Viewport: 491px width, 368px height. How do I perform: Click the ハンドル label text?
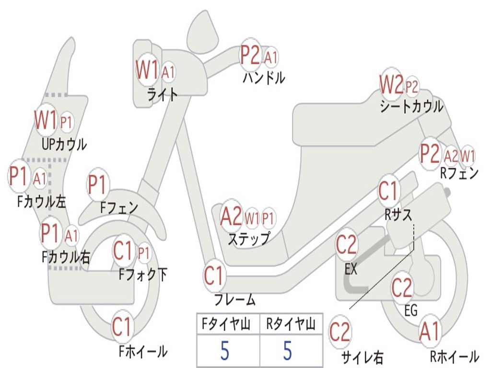pos(264,77)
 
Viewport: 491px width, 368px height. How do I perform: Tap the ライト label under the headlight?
pos(162,94)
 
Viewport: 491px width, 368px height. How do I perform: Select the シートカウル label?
pos(411,106)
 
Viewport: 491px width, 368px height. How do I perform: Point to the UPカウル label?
pos(64,143)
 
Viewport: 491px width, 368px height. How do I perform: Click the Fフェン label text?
pos(119,207)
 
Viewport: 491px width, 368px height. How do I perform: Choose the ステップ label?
pos(248,238)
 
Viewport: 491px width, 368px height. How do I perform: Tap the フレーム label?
pos(234,300)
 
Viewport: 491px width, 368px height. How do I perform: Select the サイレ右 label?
pos(362,356)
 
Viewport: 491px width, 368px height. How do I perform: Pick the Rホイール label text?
pos(454,356)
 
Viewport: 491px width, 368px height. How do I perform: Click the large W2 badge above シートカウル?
pos(391,85)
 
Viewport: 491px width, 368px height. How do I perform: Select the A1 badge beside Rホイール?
pos(429,332)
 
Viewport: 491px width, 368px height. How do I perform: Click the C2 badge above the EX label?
pos(346,245)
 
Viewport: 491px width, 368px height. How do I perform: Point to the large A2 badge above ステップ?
pos(231,217)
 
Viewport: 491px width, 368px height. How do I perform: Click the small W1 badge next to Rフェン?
pos(468,156)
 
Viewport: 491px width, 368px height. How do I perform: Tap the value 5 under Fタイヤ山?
pos(225,351)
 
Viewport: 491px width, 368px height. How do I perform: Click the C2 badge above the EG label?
pos(402,287)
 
